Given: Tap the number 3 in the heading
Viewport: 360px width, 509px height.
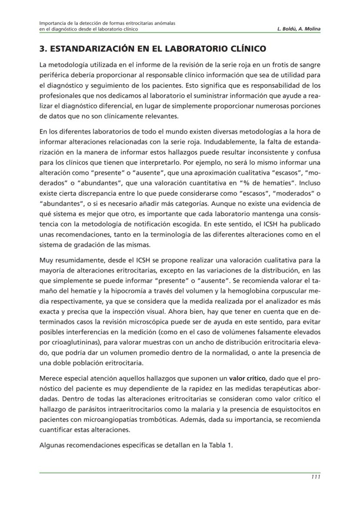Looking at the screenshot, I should [42, 49].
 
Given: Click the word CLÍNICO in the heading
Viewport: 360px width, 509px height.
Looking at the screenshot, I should [243, 49].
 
